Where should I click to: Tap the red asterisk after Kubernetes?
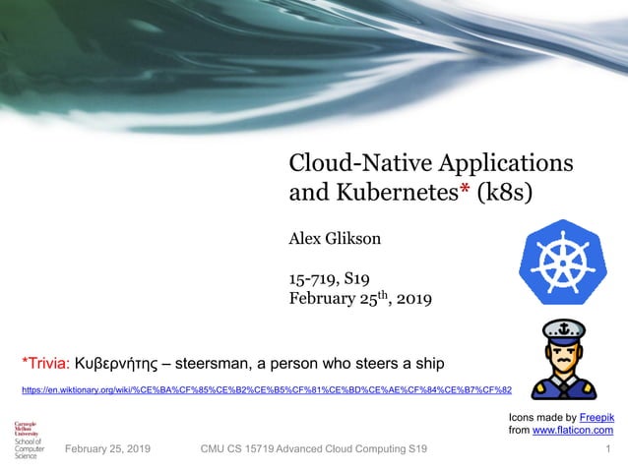click(465, 188)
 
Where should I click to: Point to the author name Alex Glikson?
click(334, 238)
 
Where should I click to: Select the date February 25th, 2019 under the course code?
click(359, 298)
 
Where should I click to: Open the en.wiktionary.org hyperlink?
click(266, 390)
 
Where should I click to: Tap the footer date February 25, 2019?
click(107, 448)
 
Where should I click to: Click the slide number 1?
click(609, 448)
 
